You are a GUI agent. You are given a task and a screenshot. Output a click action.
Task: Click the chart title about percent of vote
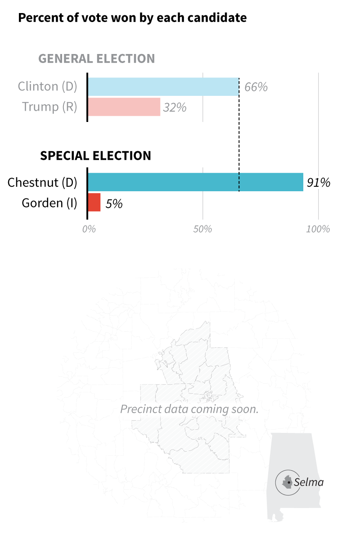pyautogui.click(x=132, y=18)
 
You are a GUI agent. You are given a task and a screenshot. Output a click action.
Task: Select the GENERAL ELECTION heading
pyautogui.click(x=96, y=59)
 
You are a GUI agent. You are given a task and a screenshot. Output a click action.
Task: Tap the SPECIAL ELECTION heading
pyautogui.click(x=95, y=156)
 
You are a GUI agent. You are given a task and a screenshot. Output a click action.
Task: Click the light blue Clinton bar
pyautogui.click(x=163, y=86)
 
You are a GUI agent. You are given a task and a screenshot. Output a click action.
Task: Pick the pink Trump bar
pyautogui.click(x=124, y=107)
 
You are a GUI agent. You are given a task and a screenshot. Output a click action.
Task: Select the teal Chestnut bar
pyautogui.click(x=195, y=182)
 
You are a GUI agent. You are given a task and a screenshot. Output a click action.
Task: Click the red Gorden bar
pyautogui.click(x=94, y=202)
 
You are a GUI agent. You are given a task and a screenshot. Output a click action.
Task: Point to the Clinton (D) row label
pyautogui.click(x=48, y=86)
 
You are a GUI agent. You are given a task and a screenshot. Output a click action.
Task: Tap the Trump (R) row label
pyautogui.click(x=50, y=107)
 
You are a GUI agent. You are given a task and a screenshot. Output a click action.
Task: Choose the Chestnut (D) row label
pyautogui.click(x=43, y=182)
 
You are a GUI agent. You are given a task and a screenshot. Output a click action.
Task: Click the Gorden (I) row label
pyautogui.click(x=49, y=203)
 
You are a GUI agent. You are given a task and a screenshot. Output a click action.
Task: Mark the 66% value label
pyautogui.click(x=256, y=87)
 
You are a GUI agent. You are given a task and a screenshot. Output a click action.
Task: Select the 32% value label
pyautogui.click(x=175, y=108)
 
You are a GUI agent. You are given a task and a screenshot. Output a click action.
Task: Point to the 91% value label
pyautogui.click(x=319, y=183)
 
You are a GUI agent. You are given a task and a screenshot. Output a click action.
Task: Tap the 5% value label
pyautogui.click(x=114, y=204)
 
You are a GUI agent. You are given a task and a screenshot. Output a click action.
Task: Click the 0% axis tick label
pyautogui.click(x=89, y=229)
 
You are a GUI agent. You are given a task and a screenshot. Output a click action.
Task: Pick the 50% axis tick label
pyautogui.click(x=202, y=229)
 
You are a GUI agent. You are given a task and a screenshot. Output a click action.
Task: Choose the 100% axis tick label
pyautogui.click(x=318, y=229)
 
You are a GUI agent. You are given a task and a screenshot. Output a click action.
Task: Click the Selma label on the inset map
pyautogui.click(x=309, y=482)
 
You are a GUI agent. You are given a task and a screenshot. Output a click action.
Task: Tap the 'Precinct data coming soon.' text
pyautogui.click(x=189, y=409)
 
